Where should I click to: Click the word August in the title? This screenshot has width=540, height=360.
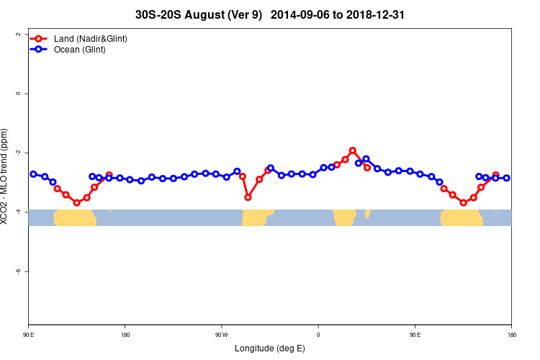(205, 14)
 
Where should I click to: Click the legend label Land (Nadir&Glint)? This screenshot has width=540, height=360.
(91, 38)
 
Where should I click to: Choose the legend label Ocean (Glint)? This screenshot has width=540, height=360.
(80, 49)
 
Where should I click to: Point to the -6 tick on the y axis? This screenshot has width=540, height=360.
(18, 271)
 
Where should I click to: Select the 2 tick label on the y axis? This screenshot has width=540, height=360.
(18, 34)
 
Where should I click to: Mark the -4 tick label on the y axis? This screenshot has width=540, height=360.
(18, 212)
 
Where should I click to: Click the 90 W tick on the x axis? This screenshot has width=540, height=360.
(221, 334)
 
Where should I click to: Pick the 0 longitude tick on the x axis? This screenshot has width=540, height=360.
(318, 334)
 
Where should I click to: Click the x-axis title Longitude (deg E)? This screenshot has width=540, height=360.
(270, 348)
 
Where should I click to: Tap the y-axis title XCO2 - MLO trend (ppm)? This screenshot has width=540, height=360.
(7, 176)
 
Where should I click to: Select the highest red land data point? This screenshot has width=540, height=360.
(353, 150)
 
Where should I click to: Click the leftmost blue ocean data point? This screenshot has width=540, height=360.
(33, 174)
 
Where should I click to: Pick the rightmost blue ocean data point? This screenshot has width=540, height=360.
(506, 178)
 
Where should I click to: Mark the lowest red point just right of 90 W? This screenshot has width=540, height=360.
(248, 197)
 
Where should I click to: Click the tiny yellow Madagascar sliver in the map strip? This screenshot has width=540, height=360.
(367, 214)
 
